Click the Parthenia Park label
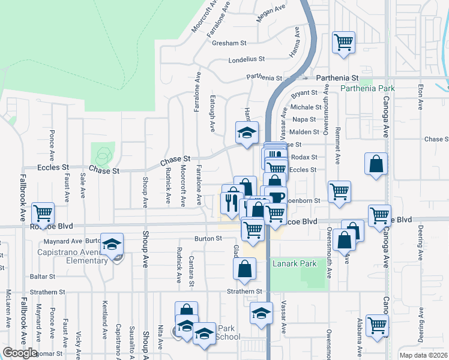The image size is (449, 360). [x=367, y=88]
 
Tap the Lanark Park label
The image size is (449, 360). [x=285, y=263]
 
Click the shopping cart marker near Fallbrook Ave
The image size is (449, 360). [x=43, y=213]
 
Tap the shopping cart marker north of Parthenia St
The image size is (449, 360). [x=343, y=42]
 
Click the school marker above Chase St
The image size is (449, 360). [x=247, y=133]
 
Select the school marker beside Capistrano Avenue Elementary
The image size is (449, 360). [x=112, y=244]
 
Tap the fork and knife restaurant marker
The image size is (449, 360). [x=232, y=202]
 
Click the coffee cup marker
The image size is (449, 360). [x=277, y=197]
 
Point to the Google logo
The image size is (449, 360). [x=20, y=353]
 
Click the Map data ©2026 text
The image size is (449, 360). [x=423, y=355]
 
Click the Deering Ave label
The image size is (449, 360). [x=421, y=239]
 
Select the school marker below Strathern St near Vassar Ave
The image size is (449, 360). [x=261, y=313]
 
